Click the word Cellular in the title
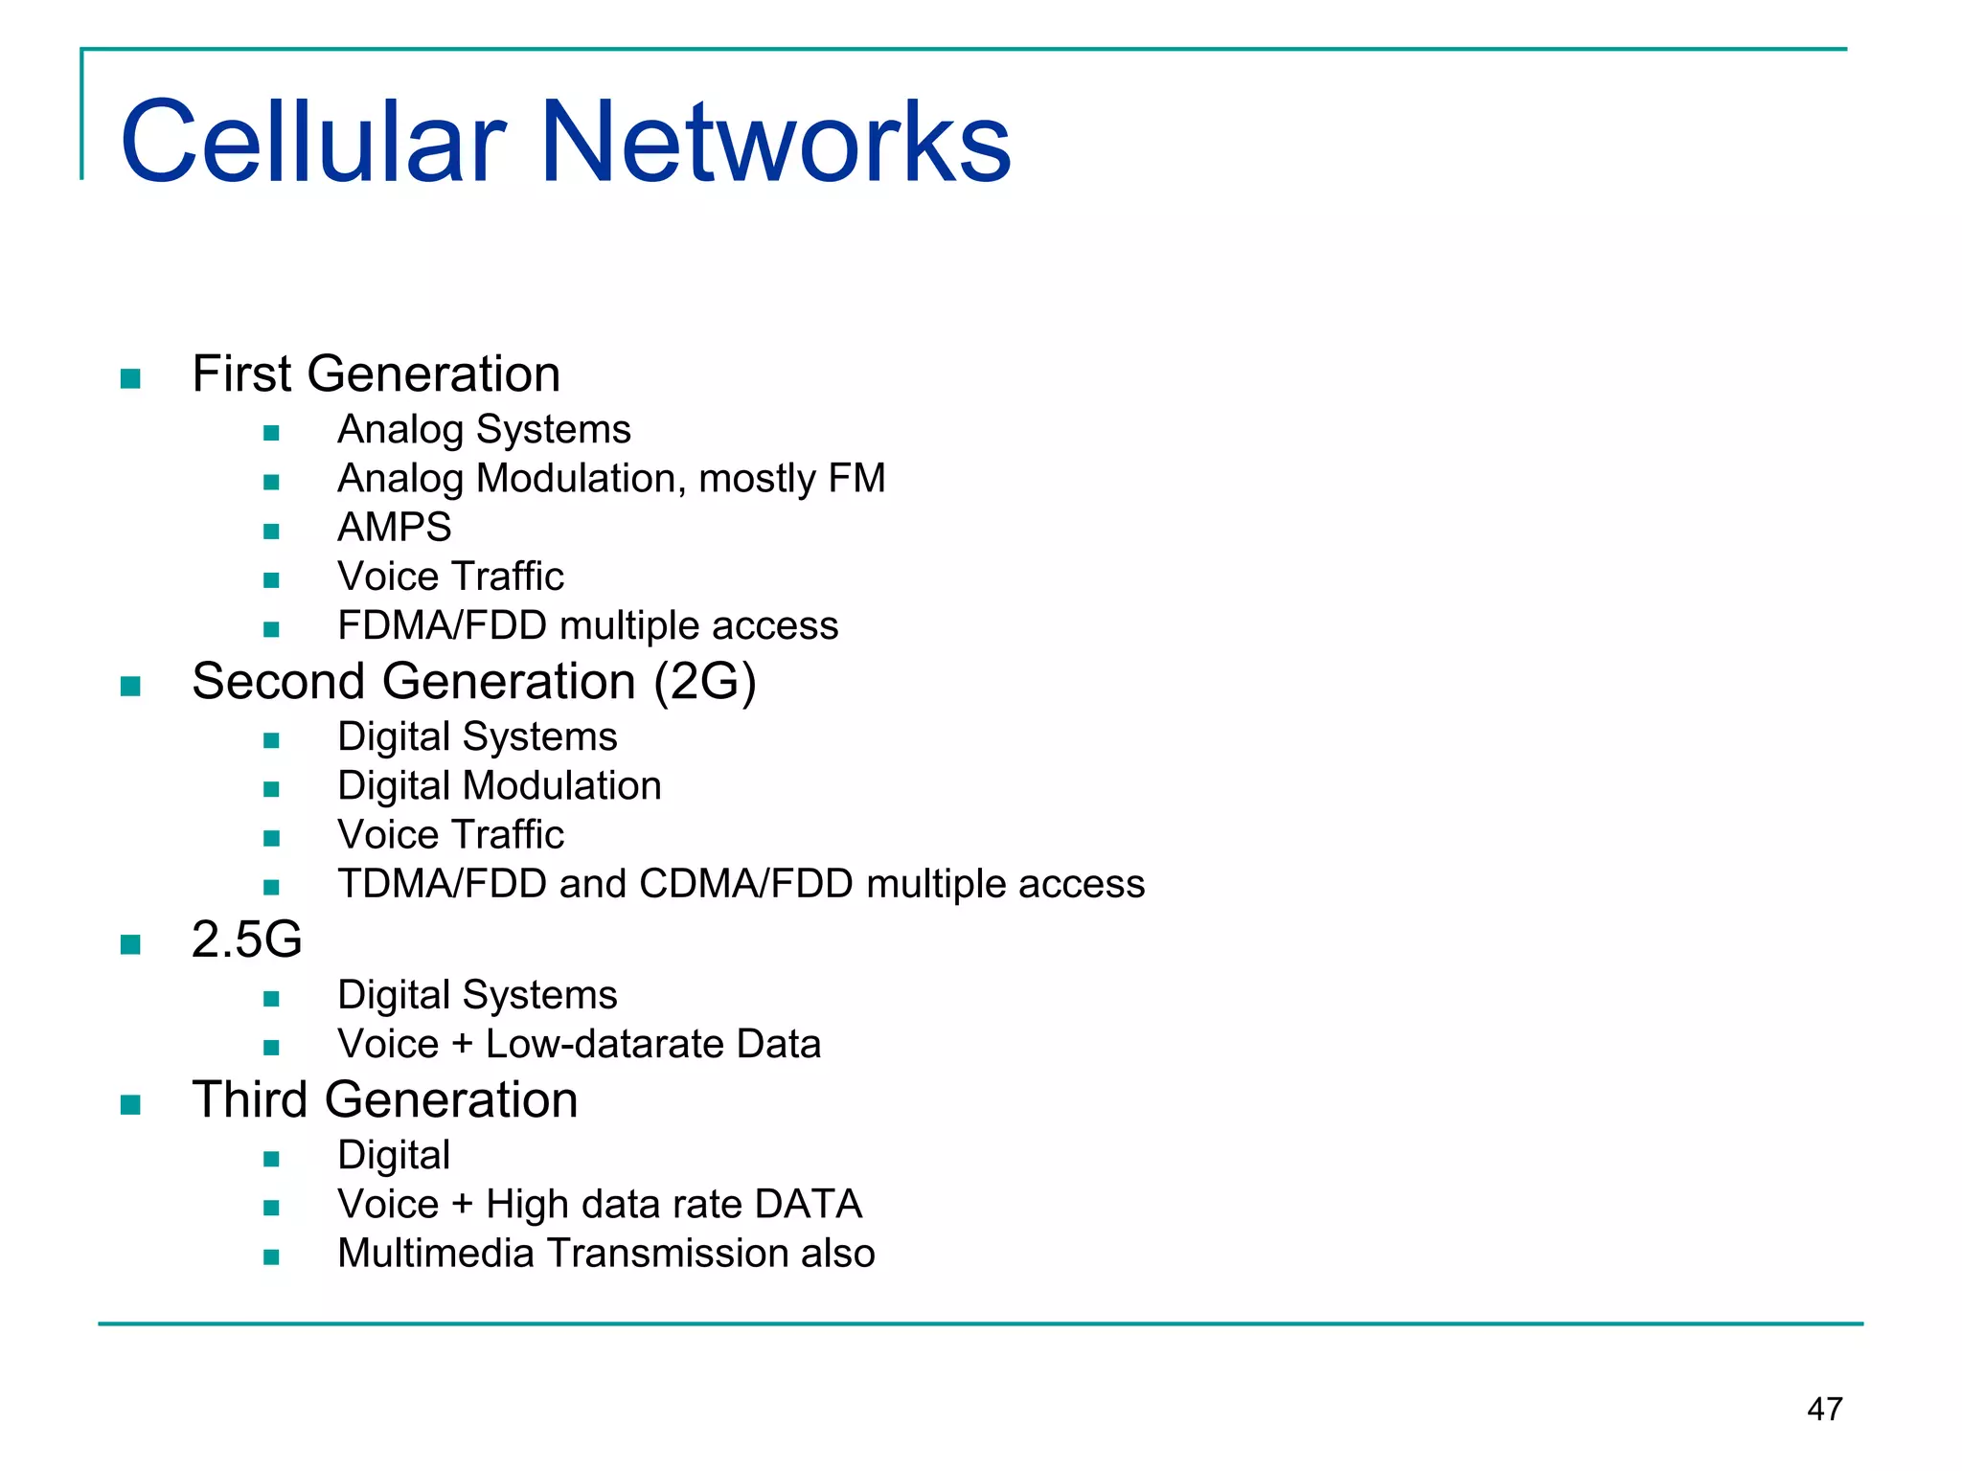[312, 142]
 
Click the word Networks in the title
[776, 142]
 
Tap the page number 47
[1824, 1409]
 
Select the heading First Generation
[376, 373]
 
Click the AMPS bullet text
[394, 528]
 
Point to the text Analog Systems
[484, 429]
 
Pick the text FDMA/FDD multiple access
[587, 625]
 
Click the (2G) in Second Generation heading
[705, 682]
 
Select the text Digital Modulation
[499, 786]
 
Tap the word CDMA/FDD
[745, 884]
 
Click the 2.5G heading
[246, 939]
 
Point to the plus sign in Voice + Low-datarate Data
[462, 1045]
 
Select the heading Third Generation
[384, 1099]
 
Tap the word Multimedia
[435, 1254]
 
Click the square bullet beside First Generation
[131, 379]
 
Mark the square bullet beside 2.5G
[131, 945]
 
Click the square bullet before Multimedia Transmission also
[271, 1257]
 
